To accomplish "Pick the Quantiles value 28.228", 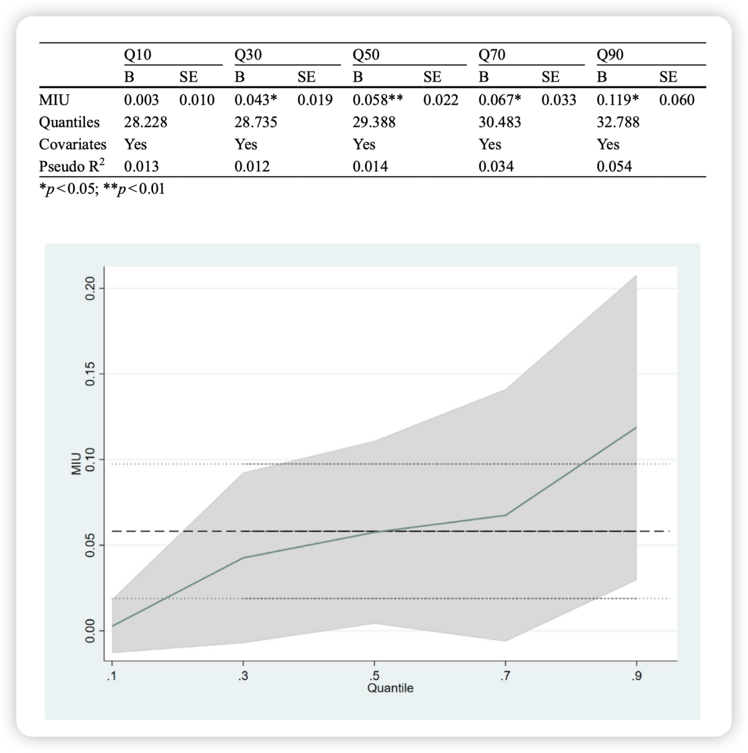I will [140, 122].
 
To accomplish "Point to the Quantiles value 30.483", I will [496, 122].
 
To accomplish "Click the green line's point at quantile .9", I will [636, 427].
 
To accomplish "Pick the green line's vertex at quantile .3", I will [243, 558].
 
